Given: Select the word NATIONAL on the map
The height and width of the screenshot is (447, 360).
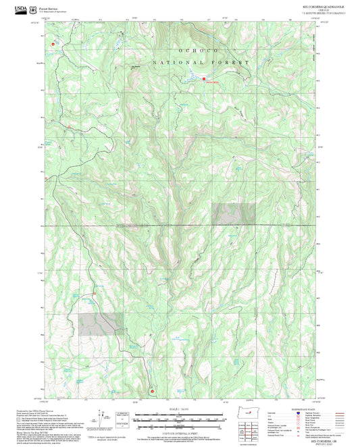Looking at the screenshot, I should click(172, 62).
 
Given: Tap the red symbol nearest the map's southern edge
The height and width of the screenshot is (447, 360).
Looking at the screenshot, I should click(152, 391).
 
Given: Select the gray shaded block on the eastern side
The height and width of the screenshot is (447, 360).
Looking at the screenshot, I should click(234, 213).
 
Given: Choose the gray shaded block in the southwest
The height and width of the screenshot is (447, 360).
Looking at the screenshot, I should click(101, 324).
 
